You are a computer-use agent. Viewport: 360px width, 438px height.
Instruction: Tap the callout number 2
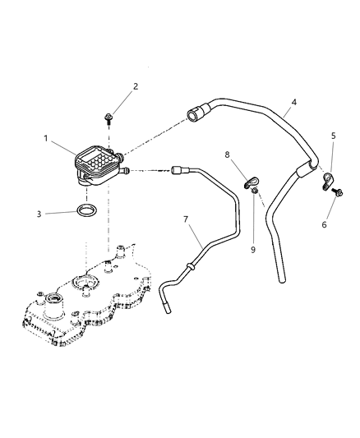coord(136,85)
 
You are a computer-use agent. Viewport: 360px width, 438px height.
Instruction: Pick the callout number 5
coord(334,136)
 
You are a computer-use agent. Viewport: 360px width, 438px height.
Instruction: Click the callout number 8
coord(227,153)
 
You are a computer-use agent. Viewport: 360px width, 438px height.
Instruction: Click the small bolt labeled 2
coord(109,119)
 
